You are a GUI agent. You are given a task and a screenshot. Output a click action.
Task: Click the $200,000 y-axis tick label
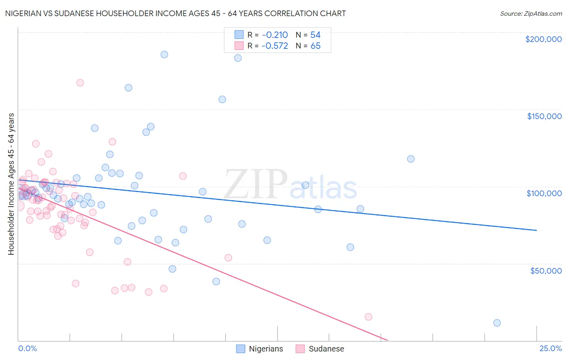click(x=543, y=39)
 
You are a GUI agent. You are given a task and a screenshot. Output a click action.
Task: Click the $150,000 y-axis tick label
click(x=544, y=116)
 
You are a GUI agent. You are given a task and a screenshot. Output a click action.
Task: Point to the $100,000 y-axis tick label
click(x=544, y=193)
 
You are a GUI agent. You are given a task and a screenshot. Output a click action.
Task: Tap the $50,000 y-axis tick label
click(x=546, y=270)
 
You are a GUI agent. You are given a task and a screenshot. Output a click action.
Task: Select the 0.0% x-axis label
click(x=27, y=348)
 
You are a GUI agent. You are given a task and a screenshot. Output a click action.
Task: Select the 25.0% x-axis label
click(x=550, y=348)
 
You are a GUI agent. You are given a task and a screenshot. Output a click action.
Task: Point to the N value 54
click(x=315, y=35)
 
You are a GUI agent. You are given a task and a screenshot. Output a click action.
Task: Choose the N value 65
click(x=315, y=46)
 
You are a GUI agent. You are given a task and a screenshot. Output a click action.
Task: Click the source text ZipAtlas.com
click(x=531, y=13)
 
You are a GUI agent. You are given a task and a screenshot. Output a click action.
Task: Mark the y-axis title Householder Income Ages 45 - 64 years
click(x=11, y=184)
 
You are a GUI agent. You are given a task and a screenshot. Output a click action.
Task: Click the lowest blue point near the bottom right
click(x=497, y=323)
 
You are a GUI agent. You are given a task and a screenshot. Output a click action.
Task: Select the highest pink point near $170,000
click(x=80, y=83)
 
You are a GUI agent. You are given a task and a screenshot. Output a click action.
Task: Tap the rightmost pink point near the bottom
click(x=368, y=317)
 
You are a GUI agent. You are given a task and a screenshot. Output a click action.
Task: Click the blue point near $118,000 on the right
click(x=411, y=159)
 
